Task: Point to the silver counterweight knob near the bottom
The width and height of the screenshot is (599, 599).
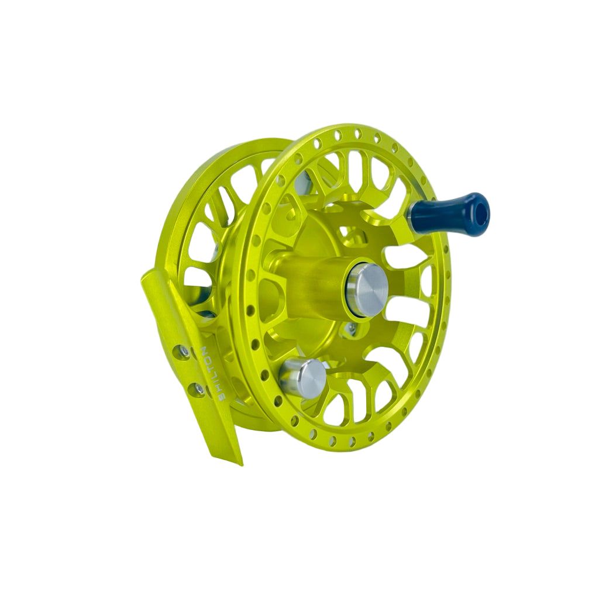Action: [304, 377]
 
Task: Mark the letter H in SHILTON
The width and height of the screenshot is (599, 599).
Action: [218, 387]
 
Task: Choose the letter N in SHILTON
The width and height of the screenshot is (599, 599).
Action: [205, 350]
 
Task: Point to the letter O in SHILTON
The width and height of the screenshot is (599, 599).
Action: [208, 359]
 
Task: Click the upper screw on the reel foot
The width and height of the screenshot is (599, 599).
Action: [184, 351]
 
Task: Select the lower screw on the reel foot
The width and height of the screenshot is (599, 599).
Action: [199, 388]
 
